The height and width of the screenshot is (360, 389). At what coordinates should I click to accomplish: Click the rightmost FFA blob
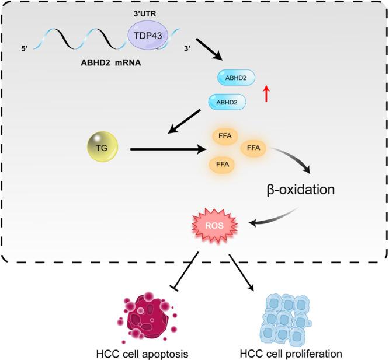253,148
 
